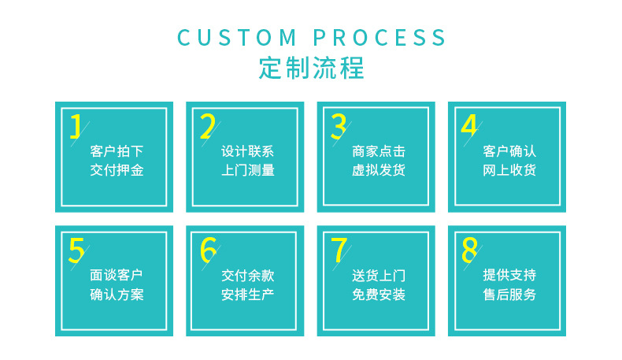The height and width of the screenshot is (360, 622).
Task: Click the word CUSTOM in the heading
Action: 237,38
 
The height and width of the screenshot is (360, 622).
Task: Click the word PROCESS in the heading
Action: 379,38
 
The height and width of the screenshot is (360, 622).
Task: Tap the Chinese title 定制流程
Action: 311,69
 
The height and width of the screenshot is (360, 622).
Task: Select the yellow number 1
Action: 76,126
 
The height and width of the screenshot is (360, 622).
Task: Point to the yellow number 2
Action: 207,126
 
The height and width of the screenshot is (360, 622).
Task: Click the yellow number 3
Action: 339,126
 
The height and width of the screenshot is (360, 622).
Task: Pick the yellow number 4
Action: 469,126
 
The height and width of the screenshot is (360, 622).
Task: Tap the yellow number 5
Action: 76,250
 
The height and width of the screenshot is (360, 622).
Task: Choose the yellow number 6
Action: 207,250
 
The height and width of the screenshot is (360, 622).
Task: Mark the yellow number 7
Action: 339,250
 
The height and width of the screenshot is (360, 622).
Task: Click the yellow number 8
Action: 469,250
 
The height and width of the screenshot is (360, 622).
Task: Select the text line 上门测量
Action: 248,170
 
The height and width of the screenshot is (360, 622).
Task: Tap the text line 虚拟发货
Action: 379,170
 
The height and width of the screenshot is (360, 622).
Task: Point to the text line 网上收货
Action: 509,170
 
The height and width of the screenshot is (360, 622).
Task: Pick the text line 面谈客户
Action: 117,276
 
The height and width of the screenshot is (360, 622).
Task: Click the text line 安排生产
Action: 248,295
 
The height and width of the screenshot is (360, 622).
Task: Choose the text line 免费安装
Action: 379,295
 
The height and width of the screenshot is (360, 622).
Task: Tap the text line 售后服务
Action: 509,295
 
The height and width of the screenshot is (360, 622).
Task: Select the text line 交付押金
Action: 117,170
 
